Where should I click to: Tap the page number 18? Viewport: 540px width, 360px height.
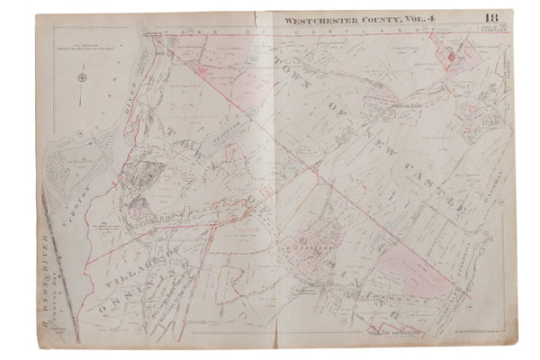click(490, 18)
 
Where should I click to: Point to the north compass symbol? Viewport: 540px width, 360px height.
click(82, 77)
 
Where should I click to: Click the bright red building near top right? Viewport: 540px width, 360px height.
click(450, 58)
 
